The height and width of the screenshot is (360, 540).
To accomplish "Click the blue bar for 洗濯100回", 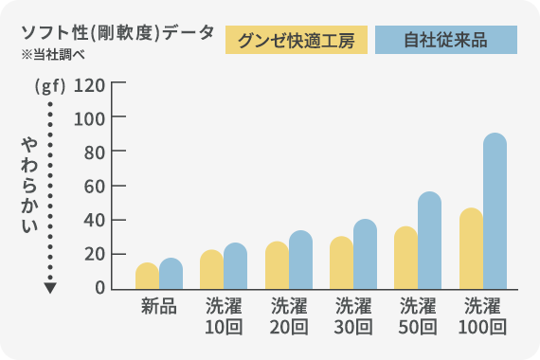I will [495, 211].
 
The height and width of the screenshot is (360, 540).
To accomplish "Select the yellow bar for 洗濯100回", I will [471, 248].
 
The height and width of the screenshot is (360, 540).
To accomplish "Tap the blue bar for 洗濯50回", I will [429, 241].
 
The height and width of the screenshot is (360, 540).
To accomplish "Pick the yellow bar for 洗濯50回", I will [405, 258].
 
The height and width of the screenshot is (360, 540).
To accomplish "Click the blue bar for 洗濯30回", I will [365, 254].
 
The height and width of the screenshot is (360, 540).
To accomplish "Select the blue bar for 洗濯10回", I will [235, 266].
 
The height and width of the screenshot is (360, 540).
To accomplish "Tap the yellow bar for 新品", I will [147, 276].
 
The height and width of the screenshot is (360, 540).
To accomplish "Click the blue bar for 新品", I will [171, 274].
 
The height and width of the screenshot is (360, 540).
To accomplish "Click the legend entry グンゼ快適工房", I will [296, 41].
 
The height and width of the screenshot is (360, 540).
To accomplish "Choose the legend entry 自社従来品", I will [445, 41].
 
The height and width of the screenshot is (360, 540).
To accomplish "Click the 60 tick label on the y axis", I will [92, 186].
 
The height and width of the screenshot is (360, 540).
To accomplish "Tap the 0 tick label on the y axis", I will [98, 288].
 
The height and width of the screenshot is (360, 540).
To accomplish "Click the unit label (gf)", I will [49, 86].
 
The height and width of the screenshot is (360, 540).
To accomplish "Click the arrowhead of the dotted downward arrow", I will [50, 287].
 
